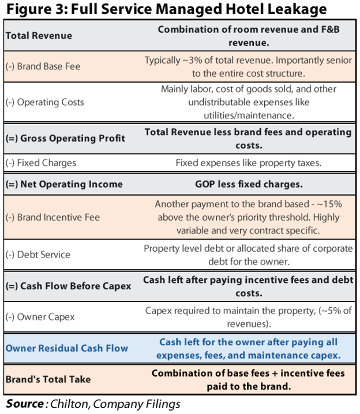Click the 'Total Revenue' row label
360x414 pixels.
pos(39,36)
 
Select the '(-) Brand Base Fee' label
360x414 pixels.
pos(43,66)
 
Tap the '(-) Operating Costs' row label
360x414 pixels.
pos(45,102)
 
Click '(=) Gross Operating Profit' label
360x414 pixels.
pos(65,138)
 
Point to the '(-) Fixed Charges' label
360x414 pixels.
pos(41,163)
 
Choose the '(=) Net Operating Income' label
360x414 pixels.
pos(64,184)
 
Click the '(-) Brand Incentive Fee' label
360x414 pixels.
pos(52,217)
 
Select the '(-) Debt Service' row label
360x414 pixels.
pos(38,255)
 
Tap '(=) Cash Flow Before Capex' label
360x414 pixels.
pos(68,286)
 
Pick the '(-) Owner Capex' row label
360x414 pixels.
pos(40,317)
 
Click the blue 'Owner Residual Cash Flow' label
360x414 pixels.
pos(67,348)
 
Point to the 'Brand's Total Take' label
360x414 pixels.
pos(48,379)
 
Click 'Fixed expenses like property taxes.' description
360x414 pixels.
pos(249,163)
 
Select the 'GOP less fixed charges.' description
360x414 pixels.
pos(249,184)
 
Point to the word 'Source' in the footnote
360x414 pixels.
pos(25,404)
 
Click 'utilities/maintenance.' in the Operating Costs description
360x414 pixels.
pos(249,115)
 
